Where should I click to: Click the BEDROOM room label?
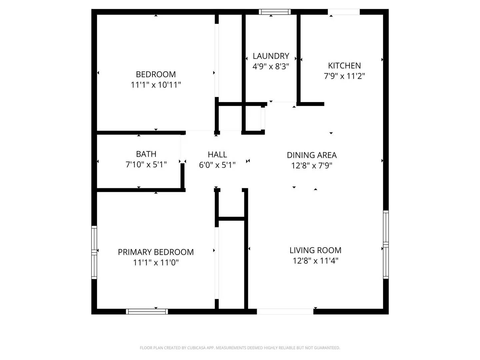click(x=156, y=74)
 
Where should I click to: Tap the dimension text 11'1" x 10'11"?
click(x=156, y=85)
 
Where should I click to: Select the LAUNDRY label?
click(x=271, y=56)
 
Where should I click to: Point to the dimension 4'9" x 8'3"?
click(x=271, y=66)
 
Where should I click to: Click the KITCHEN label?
click(x=344, y=66)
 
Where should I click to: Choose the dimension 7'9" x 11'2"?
click(x=344, y=76)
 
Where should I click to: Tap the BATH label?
click(x=146, y=154)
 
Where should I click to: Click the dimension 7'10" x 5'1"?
click(x=146, y=164)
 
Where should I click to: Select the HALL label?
click(x=217, y=154)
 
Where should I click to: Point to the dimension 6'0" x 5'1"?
click(x=217, y=165)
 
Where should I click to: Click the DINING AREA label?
click(x=312, y=155)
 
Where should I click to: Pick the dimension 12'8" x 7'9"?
click(x=312, y=165)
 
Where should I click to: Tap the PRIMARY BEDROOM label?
click(x=156, y=252)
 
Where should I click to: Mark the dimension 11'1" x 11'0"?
click(x=156, y=262)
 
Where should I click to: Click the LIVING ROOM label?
click(x=315, y=250)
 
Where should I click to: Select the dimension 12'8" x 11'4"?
click(x=315, y=261)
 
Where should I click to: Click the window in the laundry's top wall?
click(x=275, y=12)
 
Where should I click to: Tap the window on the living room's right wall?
click(x=386, y=244)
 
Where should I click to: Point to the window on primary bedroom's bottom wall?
click(x=147, y=311)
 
